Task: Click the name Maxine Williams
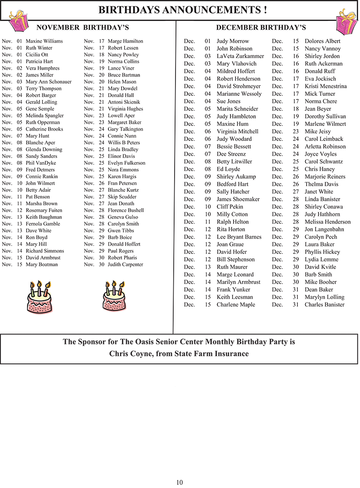pyautogui.click(x=44, y=41)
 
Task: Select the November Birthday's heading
pyautogui.click(x=82, y=27)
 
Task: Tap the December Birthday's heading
pyautogui.click(x=261, y=27)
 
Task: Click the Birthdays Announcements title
pyautogui.click(x=182, y=10)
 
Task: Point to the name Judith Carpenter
pyautogui.click(x=125, y=265)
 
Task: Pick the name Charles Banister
pyautogui.click(x=324, y=305)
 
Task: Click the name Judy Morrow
pyautogui.click(x=233, y=41)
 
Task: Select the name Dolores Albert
pyautogui.click(x=323, y=41)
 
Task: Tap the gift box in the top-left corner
pyautogui.click(x=17, y=21)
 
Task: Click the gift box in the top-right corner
pyautogui.click(x=346, y=21)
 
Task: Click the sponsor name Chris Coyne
pyautogui.click(x=130, y=354)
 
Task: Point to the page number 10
pyautogui.click(x=180, y=482)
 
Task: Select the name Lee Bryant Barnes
pyautogui.click(x=239, y=237)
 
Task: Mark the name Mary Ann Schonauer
pyautogui.click(x=49, y=82)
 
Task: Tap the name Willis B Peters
pyautogui.click(x=124, y=143)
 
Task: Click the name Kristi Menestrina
pyautogui.click(x=326, y=86)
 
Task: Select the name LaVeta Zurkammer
pyautogui.click(x=240, y=56)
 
